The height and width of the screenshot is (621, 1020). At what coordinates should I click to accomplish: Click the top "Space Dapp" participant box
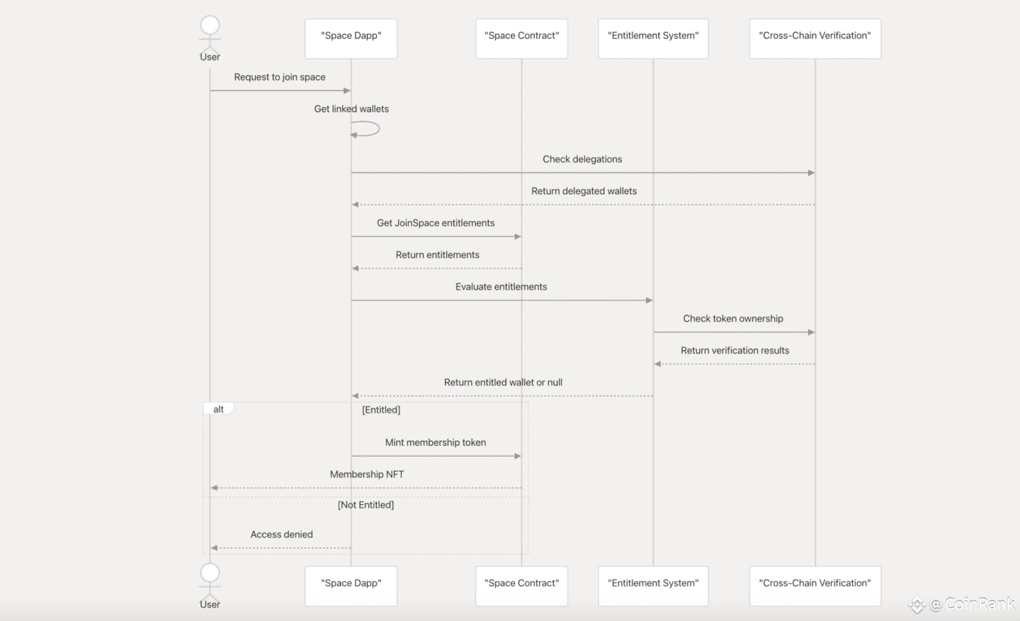tap(351, 39)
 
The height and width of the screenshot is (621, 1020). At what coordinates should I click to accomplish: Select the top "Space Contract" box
tap(521, 39)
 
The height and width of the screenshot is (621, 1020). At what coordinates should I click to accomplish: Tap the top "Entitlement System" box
tap(653, 39)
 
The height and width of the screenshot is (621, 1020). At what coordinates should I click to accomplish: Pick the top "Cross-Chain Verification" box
tap(815, 39)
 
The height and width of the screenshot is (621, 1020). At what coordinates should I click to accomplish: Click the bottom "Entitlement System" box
tap(653, 586)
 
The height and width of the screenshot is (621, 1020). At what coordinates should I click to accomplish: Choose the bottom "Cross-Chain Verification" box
tap(815, 586)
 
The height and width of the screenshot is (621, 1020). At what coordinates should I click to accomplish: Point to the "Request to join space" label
tap(280, 77)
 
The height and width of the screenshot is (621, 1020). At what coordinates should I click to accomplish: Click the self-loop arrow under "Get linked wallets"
tap(379, 129)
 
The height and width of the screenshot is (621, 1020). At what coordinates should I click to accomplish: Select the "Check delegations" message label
tap(582, 159)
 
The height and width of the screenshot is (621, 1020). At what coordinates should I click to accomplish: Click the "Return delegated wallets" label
tap(584, 191)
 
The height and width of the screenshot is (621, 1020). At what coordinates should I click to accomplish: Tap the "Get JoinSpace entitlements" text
tap(435, 223)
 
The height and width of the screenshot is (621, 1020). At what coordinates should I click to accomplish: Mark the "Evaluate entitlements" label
tap(501, 287)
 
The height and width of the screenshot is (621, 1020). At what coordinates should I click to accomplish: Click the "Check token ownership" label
tap(732, 318)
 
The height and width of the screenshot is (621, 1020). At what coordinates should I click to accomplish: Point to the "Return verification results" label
tap(734, 350)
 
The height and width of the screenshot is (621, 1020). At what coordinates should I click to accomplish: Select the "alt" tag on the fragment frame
tap(218, 409)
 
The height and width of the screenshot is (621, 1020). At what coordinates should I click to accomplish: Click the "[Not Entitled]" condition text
tap(366, 504)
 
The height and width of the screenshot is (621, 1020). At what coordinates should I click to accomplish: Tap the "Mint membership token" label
tap(435, 442)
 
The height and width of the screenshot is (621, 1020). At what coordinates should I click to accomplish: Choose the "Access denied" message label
tap(281, 534)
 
